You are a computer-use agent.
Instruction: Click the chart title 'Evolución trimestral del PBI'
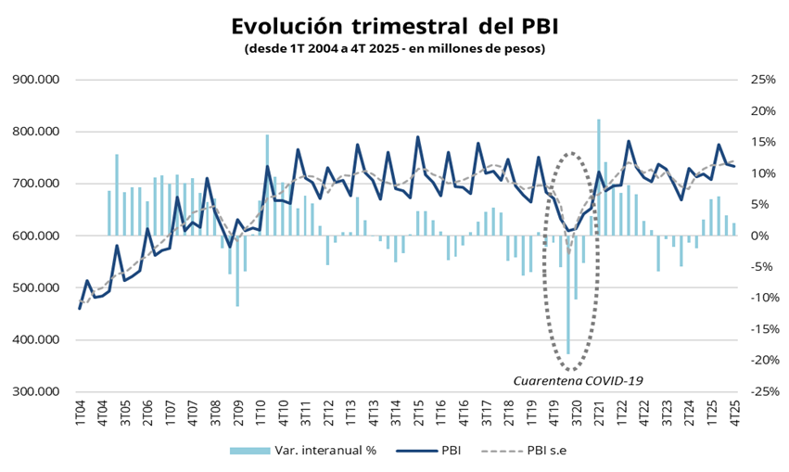pos(394,25)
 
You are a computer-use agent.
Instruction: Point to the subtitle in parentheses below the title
pos(394,47)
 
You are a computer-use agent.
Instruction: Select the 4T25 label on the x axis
pos(734,413)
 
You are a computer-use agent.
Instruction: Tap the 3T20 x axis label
pos(576,413)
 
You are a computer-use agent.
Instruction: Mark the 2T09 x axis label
pos(237,413)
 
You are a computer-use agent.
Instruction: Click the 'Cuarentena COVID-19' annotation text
pos(579,380)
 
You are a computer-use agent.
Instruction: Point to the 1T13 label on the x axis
pos(350,413)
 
